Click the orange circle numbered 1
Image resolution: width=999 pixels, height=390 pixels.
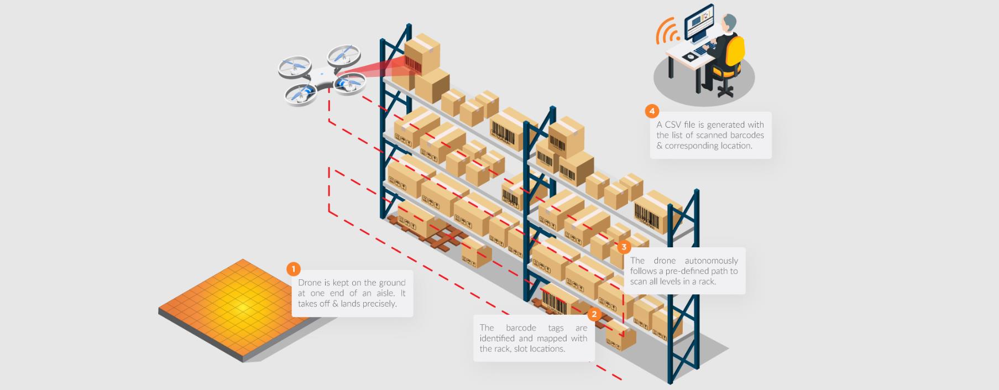click(x=294, y=269)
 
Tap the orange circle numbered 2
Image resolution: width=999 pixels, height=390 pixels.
click(x=594, y=314)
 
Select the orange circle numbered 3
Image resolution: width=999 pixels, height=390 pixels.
click(x=624, y=247)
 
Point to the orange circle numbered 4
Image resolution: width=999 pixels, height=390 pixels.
click(x=652, y=111)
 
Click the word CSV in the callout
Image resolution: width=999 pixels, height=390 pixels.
click(x=673, y=125)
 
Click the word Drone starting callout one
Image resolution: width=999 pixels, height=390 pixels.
click(x=309, y=283)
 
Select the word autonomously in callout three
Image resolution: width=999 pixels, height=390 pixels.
click(x=711, y=261)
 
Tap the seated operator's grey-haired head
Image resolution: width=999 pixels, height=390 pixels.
click(x=729, y=23)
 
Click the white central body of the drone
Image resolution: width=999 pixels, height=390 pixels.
click(x=321, y=78)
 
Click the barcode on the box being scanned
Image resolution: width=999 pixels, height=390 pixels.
click(x=412, y=63)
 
